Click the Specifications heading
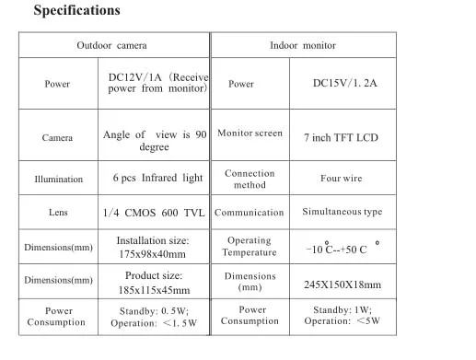pos(76,11)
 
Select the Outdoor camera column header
pos(111,45)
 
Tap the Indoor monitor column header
pos(303,45)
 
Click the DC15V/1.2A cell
pos(344,83)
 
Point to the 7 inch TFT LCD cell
pos(341,137)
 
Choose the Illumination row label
pos(59,179)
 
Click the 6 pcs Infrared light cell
pos(157,178)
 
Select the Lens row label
pos(58,212)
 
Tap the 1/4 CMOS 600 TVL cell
pos(154,213)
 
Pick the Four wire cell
pos(342,178)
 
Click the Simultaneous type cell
pos(342,212)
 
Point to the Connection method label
pos(250,179)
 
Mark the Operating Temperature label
pos(250,246)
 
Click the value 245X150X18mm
pos(342,285)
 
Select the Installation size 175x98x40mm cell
pos(153,247)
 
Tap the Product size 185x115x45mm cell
pos(154,283)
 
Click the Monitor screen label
pos(250,133)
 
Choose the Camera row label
pos(57,137)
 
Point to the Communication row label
pos(249,213)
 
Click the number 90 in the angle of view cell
pos(201,134)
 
